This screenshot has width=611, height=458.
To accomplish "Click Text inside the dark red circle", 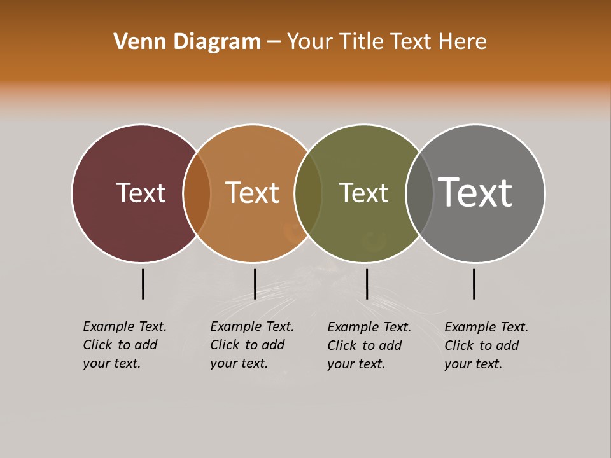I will (x=141, y=193).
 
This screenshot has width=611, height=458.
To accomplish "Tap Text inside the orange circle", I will (x=252, y=193).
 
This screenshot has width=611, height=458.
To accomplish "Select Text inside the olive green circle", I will (x=363, y=193).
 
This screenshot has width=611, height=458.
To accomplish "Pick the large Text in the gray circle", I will (x=475, y=192).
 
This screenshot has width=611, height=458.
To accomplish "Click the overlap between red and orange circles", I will (x=197, y=193).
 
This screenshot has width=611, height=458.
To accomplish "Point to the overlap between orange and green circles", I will (x=308, y=193).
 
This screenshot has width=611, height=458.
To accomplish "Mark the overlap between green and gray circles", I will (x=419, y=193).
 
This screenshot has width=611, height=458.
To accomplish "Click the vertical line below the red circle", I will (x=143, y=284).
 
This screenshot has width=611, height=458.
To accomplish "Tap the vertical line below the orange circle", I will (x=255, y=284).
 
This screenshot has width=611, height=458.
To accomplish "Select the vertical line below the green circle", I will (x=367, y=284).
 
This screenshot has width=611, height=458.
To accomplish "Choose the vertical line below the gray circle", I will (x=474, y=284).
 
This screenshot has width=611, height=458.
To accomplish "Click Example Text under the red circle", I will (x=125, y=326).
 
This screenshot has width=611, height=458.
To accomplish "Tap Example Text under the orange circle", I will (x=252, y=326).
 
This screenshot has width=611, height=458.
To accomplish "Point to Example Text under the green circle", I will (x=369, y=327).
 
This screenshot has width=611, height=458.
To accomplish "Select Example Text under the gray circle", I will (x=486, y=327).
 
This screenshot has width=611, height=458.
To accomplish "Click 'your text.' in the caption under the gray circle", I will (x=473, y=364).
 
